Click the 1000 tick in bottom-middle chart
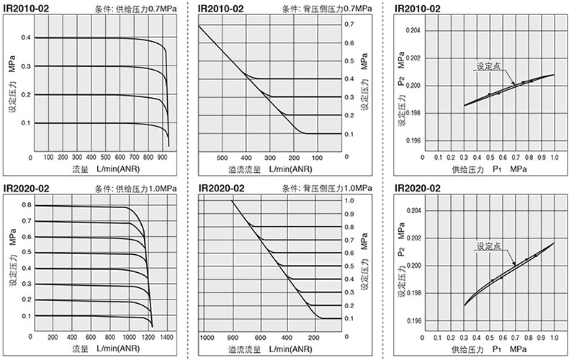pos(207,337)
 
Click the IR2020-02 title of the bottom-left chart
pos(25,189)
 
